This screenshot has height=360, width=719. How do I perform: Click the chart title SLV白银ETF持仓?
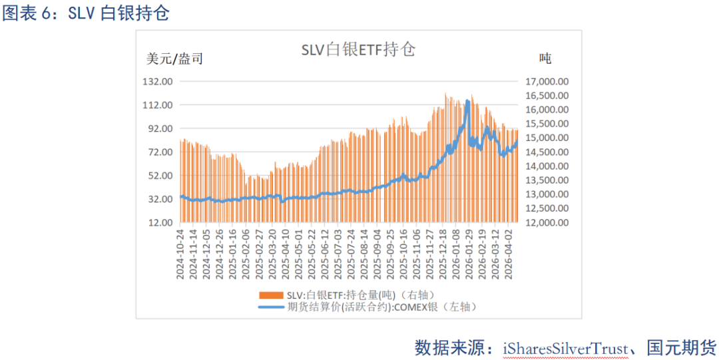pyautogui.click(x=358, y=50)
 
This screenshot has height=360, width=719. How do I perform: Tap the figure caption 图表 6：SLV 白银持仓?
pyautogui.click(x=85, y=14)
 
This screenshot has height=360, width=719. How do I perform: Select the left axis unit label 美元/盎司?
pyautogui.click(x=174, y=59)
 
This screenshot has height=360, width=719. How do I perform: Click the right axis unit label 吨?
pyautogui.click(x=545, y=59)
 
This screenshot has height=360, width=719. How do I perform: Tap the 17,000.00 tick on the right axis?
pyautogui.click(x=547, y=81)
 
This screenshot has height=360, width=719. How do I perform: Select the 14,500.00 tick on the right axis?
pyautogui.click(x=547, y=152)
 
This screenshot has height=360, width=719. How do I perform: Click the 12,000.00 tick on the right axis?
pyautogui.click(x=547, y=222)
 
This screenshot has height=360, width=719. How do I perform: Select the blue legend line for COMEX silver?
pyautogui.click(x=271, y=306)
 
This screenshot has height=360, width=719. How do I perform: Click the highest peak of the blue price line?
pyautogui.click(x=468, y=101)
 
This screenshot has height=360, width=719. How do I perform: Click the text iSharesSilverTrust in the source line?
pyautogui.click(x=565, y=347)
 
